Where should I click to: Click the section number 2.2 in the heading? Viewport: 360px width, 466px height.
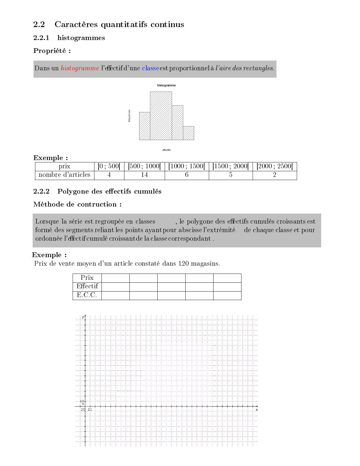[x=39, y=24]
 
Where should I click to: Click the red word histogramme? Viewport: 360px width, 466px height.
[x=80, y=68]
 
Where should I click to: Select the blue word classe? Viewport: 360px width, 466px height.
[x=150, y=68]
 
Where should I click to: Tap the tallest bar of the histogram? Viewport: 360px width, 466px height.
[x=161, y=116]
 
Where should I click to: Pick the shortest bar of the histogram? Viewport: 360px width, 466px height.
[x=189, y=133]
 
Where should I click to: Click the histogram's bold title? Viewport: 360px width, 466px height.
[x=166, y=85]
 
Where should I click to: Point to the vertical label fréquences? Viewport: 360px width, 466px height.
[x=129, y=116]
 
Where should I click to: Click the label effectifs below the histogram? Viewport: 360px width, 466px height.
[x=166, y=150]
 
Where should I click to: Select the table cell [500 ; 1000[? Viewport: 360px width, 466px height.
[x=144, y=166]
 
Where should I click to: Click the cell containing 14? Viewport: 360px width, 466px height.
[x=144, y=175]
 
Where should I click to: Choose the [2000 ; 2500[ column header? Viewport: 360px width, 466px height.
[x=275, y=166]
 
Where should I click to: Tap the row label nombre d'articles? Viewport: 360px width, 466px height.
[x=64, y=175]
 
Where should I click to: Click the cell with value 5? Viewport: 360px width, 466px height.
[x=231, y=175]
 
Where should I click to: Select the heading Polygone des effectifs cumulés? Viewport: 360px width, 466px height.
[x=109, y=192]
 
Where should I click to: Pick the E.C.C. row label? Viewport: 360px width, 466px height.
[x=87, y=295]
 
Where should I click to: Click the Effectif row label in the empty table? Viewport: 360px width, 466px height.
[x=87, y=287]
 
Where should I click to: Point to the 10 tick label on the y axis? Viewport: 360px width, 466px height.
[x=82, y=401]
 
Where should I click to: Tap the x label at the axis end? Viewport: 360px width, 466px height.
[x=257, y=410]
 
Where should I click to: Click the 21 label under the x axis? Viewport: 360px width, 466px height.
[x=90, y=410]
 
